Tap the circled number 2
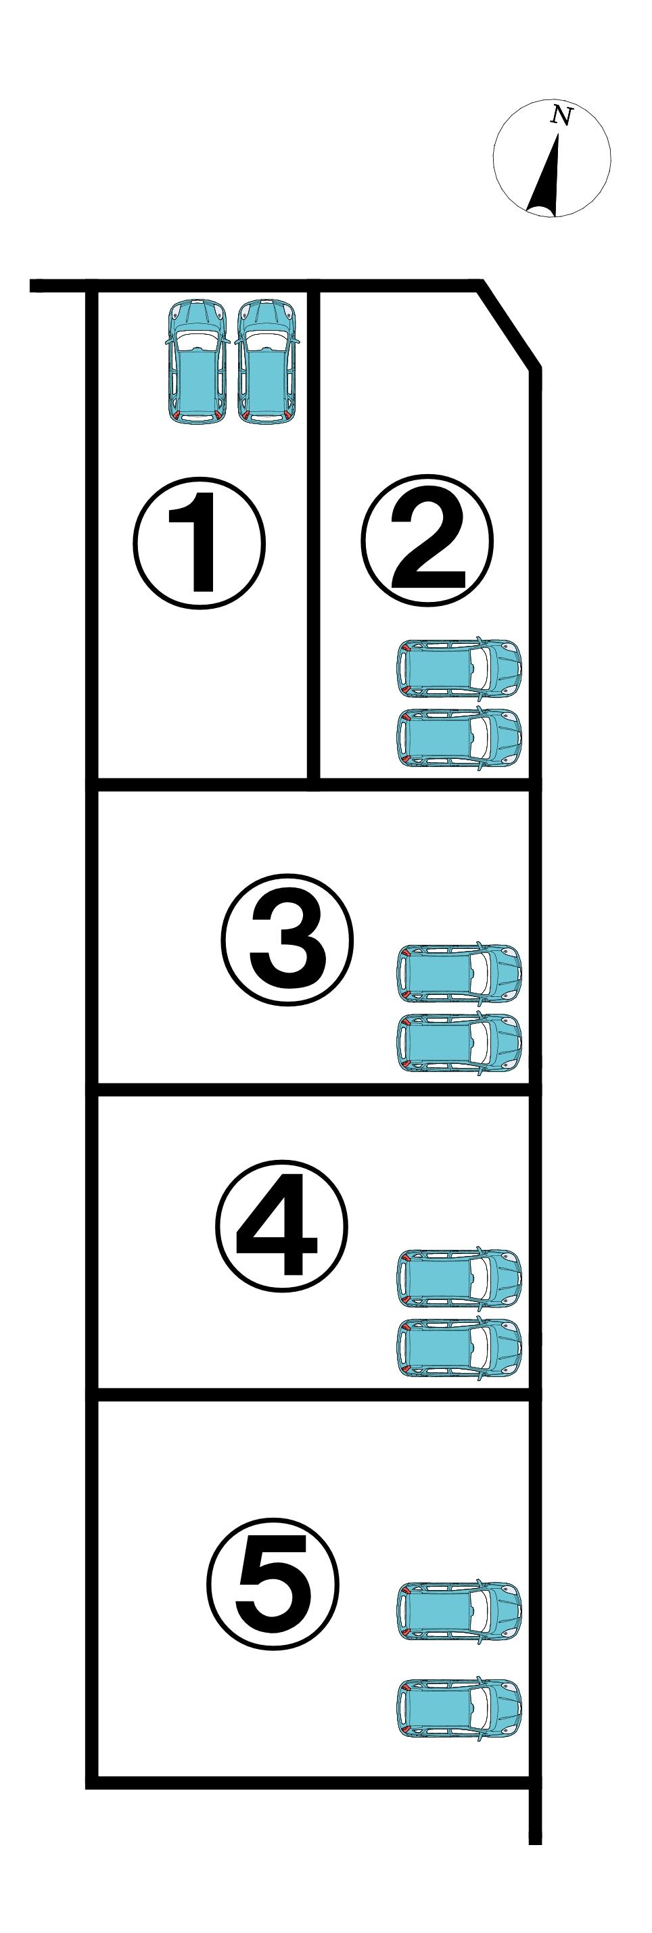(427, 540)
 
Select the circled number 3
(287, 939)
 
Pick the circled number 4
(282, 1225)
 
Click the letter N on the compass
(561, 116)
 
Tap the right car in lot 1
(268, 362)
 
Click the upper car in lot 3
(459, 974)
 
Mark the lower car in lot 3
(459, 1042)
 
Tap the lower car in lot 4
(459, 1347)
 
